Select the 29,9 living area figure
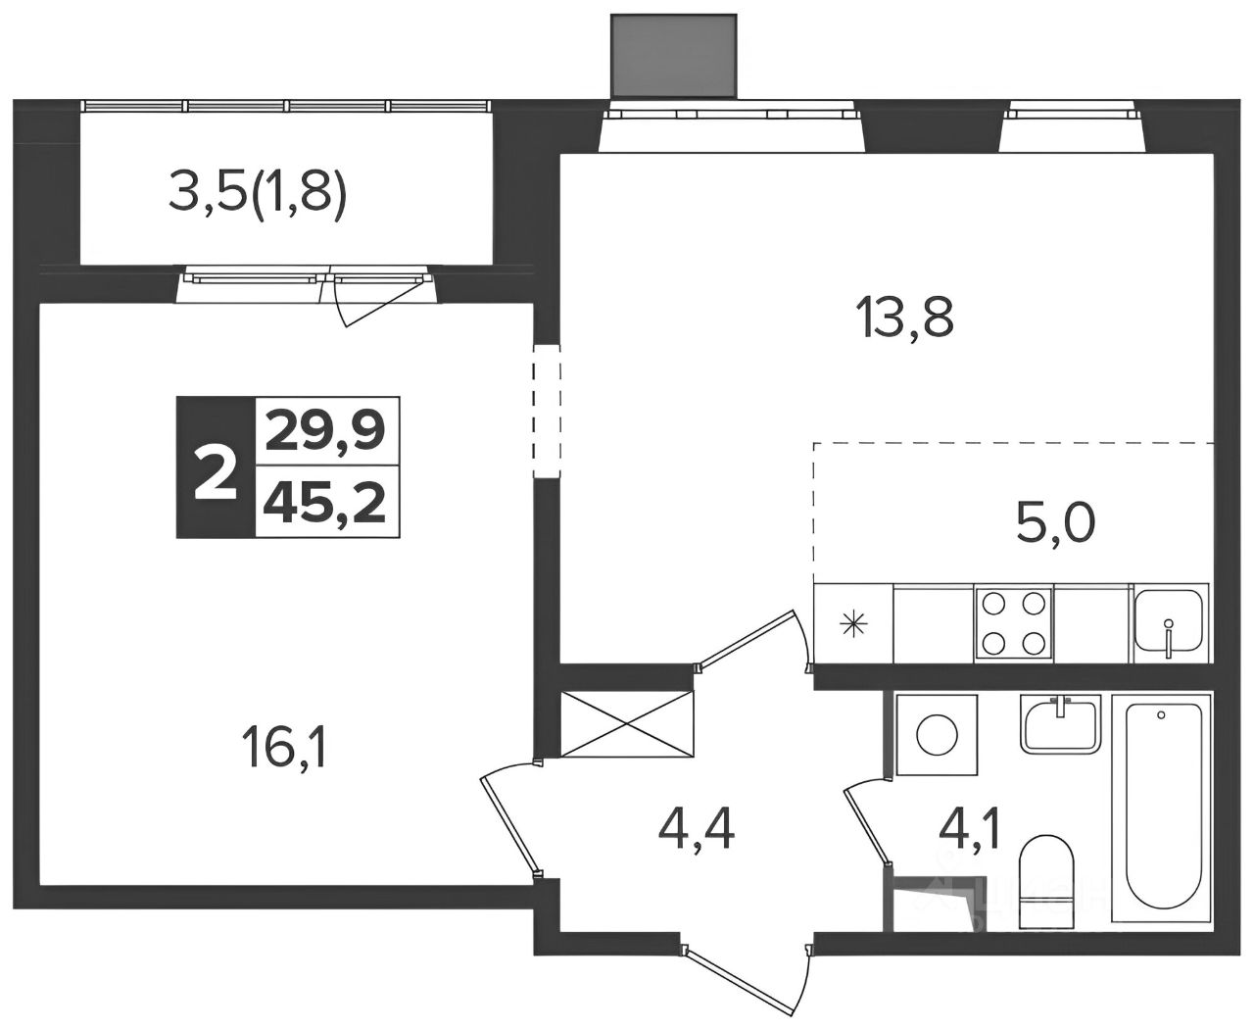point(326,430)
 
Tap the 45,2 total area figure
point(326,503)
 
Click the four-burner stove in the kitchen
point(1013,622)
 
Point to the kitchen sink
point(1169,622)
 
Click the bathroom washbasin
point(1060,725)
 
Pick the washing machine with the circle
point(937,735)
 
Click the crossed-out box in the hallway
point(627,724)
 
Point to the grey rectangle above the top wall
point(674,56)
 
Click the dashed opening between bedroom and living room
point(547,412)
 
